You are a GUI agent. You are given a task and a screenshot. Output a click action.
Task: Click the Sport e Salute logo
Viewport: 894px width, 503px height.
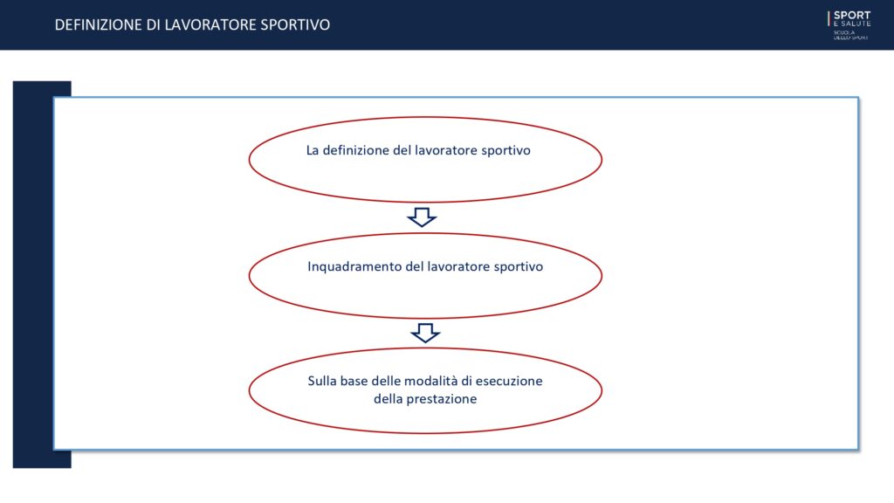[849, 25]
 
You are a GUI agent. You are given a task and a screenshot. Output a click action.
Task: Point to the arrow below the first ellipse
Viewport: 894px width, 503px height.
[422, 217]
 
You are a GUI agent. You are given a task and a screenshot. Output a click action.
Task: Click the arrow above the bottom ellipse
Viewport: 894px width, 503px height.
[425, 333]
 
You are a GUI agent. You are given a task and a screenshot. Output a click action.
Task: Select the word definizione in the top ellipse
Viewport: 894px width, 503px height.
[356, 150]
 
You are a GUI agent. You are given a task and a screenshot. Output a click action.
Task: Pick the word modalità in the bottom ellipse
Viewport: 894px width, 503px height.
[434, 381]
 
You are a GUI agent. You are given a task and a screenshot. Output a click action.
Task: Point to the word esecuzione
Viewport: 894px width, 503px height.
[509, 381]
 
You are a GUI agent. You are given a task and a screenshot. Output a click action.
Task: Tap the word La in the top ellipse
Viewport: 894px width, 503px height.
[313, 150]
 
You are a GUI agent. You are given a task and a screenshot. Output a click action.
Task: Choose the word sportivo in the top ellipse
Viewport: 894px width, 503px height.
[506, 150]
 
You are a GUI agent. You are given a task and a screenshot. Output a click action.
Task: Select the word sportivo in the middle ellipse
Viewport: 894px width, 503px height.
[519, 267]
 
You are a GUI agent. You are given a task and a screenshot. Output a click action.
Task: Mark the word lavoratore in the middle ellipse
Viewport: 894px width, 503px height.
[459, 267]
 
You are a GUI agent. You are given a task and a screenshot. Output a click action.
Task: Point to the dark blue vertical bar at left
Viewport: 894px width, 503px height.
[33, 274]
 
